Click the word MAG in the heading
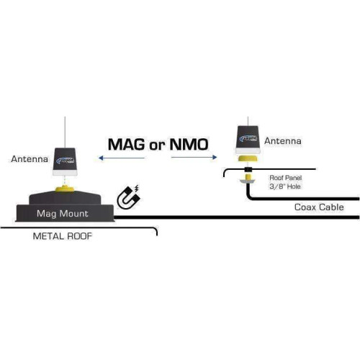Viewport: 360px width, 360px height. coord(125,143)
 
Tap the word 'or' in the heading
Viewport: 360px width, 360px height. coord(156,145)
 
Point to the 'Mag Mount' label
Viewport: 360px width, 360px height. coord(63,214)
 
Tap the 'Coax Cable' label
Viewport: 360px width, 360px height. coord(319,207)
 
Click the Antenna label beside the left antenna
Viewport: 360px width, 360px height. coord(28,158)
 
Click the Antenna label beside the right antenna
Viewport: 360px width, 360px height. coord(282,141)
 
